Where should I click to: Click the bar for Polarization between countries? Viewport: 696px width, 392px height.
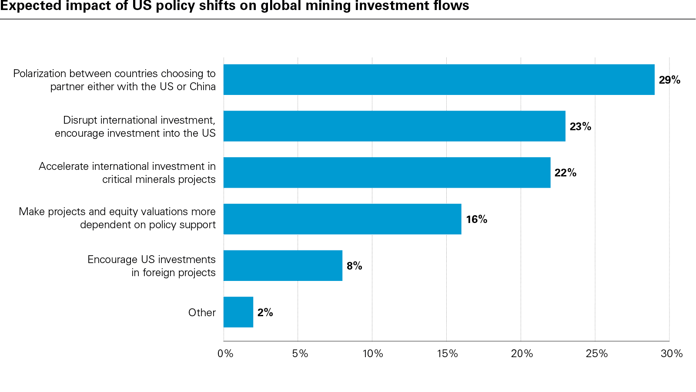(438, 80)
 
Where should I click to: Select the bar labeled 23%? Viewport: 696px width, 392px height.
(394, 126)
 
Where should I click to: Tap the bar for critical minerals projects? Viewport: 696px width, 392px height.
(387, 172)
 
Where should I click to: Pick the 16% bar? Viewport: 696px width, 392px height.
(342, 219)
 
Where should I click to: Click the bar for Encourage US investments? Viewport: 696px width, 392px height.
(283, 266)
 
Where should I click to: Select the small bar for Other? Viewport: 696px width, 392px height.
(238, 312)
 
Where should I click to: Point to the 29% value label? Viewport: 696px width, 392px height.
(669, 80)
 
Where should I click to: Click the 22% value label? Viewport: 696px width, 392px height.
(565, 173)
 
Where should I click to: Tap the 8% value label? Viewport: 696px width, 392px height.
(354, 266)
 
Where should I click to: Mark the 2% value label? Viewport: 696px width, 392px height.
(265, 313)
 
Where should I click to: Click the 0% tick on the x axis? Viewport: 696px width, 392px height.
(225, 354)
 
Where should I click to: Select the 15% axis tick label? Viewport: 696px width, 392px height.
(447, 354)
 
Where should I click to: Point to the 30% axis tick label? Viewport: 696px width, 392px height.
(671, 354)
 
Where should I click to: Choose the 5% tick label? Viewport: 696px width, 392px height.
(300, 354)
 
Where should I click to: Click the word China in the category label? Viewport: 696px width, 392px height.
(202, 87)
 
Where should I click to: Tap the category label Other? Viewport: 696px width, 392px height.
(202, 313)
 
